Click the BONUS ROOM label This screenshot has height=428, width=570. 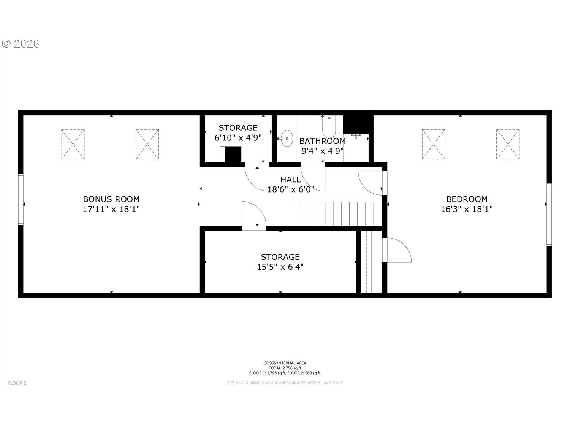click(111, 199)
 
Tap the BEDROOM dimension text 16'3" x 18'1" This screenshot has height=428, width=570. click(467, 209)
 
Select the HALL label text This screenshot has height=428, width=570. click(291, 179)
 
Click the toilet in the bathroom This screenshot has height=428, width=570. click(329, 127)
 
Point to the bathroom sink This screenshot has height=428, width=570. click(287, 138)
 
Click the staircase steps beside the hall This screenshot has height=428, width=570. click(337, 212)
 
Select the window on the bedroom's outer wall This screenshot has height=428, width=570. click(549, 215)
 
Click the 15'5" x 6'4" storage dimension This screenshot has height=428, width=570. click(280, 267)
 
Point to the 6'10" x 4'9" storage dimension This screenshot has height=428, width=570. click(238, 137)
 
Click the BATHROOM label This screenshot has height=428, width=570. click(323, 141)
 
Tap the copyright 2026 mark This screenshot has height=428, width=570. click(21, 44)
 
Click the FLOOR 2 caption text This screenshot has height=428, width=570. click(17, 383)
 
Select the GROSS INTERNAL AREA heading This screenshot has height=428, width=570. click(285, 363)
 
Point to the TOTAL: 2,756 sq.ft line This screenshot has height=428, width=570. click(285, 368)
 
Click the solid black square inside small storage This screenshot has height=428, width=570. click(233, 154)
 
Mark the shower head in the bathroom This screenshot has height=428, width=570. click(356, 136)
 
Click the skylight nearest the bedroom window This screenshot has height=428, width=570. click(508, 144)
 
